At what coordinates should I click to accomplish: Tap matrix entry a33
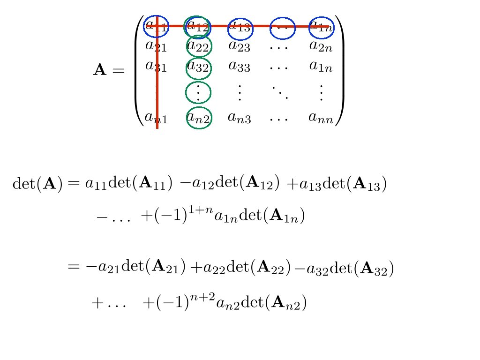239,66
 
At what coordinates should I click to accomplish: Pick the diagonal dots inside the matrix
280,92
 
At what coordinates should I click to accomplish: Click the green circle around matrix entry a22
199,45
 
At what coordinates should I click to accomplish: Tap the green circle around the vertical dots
199,93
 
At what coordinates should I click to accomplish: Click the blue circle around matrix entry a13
240,28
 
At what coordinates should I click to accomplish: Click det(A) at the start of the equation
37,184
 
